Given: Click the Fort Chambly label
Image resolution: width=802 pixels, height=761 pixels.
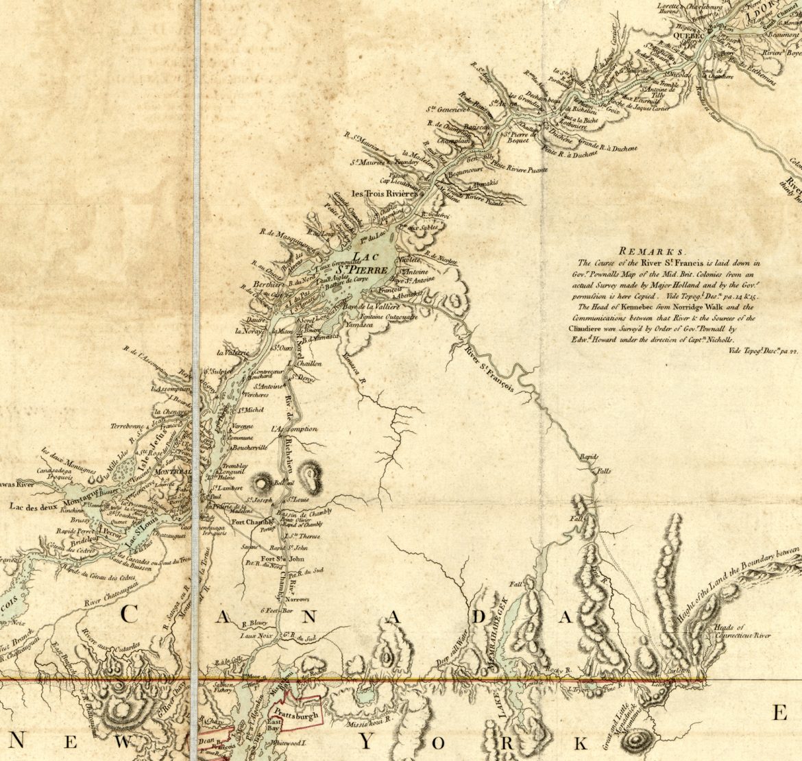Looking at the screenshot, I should (247, 522).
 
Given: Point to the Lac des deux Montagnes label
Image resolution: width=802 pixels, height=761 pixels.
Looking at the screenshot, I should (42, 507).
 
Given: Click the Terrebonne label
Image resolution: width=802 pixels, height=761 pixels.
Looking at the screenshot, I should (128, 426).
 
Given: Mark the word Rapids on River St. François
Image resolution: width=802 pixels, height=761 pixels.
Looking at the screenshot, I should (590, 457).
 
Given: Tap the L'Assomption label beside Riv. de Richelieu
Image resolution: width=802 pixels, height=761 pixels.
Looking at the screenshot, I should (294, 428).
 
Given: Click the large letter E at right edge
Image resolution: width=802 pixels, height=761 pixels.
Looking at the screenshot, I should (780, 714).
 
